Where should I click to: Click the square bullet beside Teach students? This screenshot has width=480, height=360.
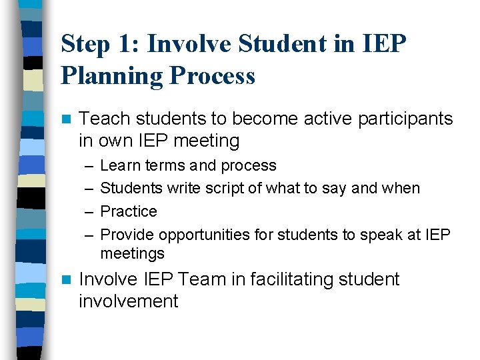[65, 120]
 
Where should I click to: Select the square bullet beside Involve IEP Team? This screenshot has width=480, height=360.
[65, 280]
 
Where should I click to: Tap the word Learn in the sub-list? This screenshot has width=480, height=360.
[117, 165]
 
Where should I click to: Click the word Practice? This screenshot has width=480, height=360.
[129, 211]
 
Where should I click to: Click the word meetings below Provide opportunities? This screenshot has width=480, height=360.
[132, 253]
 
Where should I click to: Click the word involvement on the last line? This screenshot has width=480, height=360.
[129, 301]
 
